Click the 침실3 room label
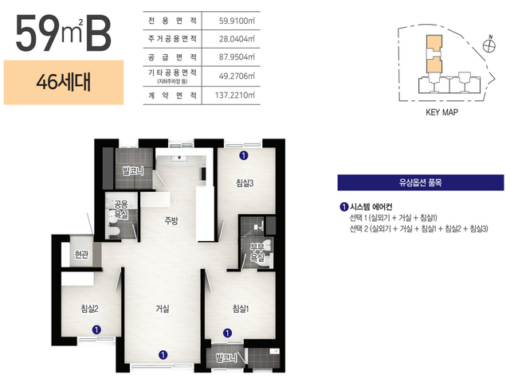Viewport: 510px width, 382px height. (245, 183)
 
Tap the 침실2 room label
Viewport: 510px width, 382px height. (89, 308)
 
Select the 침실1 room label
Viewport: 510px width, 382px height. (241, 308)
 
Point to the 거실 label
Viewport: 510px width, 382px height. (163, 308)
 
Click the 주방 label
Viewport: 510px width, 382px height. (171, 221)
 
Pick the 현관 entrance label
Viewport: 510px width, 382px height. (81, 254)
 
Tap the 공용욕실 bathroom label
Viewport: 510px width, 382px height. (120, 209)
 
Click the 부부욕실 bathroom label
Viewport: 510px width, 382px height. (257, 253)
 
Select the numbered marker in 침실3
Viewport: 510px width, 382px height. (244, 156)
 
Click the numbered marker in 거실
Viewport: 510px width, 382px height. (163, 355)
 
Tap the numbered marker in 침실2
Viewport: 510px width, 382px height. (96, 329)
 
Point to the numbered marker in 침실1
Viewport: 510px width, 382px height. (227, 333)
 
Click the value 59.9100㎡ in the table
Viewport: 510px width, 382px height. (237, 21)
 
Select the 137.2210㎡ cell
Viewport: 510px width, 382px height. (235, 95)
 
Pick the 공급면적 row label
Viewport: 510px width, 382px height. (172, 57)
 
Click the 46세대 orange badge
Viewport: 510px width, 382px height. (64, 83)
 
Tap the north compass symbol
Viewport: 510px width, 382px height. (488, 45)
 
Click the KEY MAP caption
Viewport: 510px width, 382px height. (441, 112)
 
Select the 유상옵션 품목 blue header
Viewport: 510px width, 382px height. (421, 182)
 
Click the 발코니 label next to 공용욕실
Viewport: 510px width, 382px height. (133, 171)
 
